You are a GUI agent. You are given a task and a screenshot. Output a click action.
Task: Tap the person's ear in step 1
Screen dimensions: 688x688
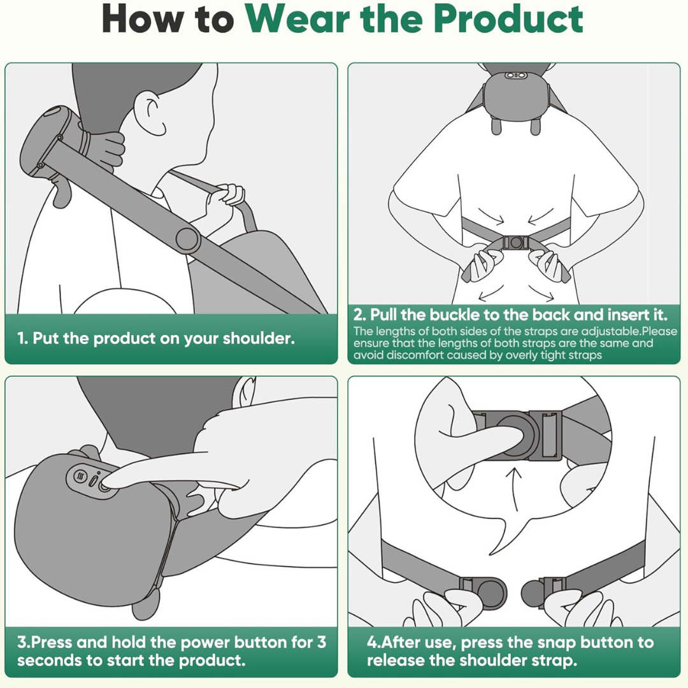tap(148, 113)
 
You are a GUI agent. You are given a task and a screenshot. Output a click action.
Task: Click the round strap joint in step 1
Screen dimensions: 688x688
tap(188, 240)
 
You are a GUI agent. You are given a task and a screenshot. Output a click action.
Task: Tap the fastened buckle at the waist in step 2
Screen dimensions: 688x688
tap(515, 242)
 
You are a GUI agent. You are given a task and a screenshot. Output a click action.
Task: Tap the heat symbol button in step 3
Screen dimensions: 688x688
tap(80, 476)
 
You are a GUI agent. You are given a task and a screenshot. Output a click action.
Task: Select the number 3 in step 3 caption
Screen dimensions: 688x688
tap(322, 642)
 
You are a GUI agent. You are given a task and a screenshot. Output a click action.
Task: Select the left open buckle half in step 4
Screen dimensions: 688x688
tap(484, 593)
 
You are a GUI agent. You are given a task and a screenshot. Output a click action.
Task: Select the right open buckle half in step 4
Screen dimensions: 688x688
tap(543, 593)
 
